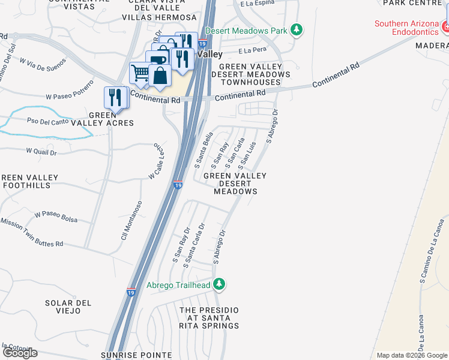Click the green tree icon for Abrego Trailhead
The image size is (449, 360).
[x=220, y=284]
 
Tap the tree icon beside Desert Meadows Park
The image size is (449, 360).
[x=295, y=29]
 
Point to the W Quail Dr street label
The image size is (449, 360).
[x=41, y=152]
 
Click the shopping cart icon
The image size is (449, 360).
[x=140, y=73]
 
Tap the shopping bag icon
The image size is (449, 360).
[x=160, y=76]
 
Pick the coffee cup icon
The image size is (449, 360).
[x=157, y=60]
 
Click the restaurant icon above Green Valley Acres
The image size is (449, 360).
[x=115, y=97]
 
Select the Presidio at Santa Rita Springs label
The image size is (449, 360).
[x=209, y=318]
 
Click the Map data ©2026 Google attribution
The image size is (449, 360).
[x=411, y=355]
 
